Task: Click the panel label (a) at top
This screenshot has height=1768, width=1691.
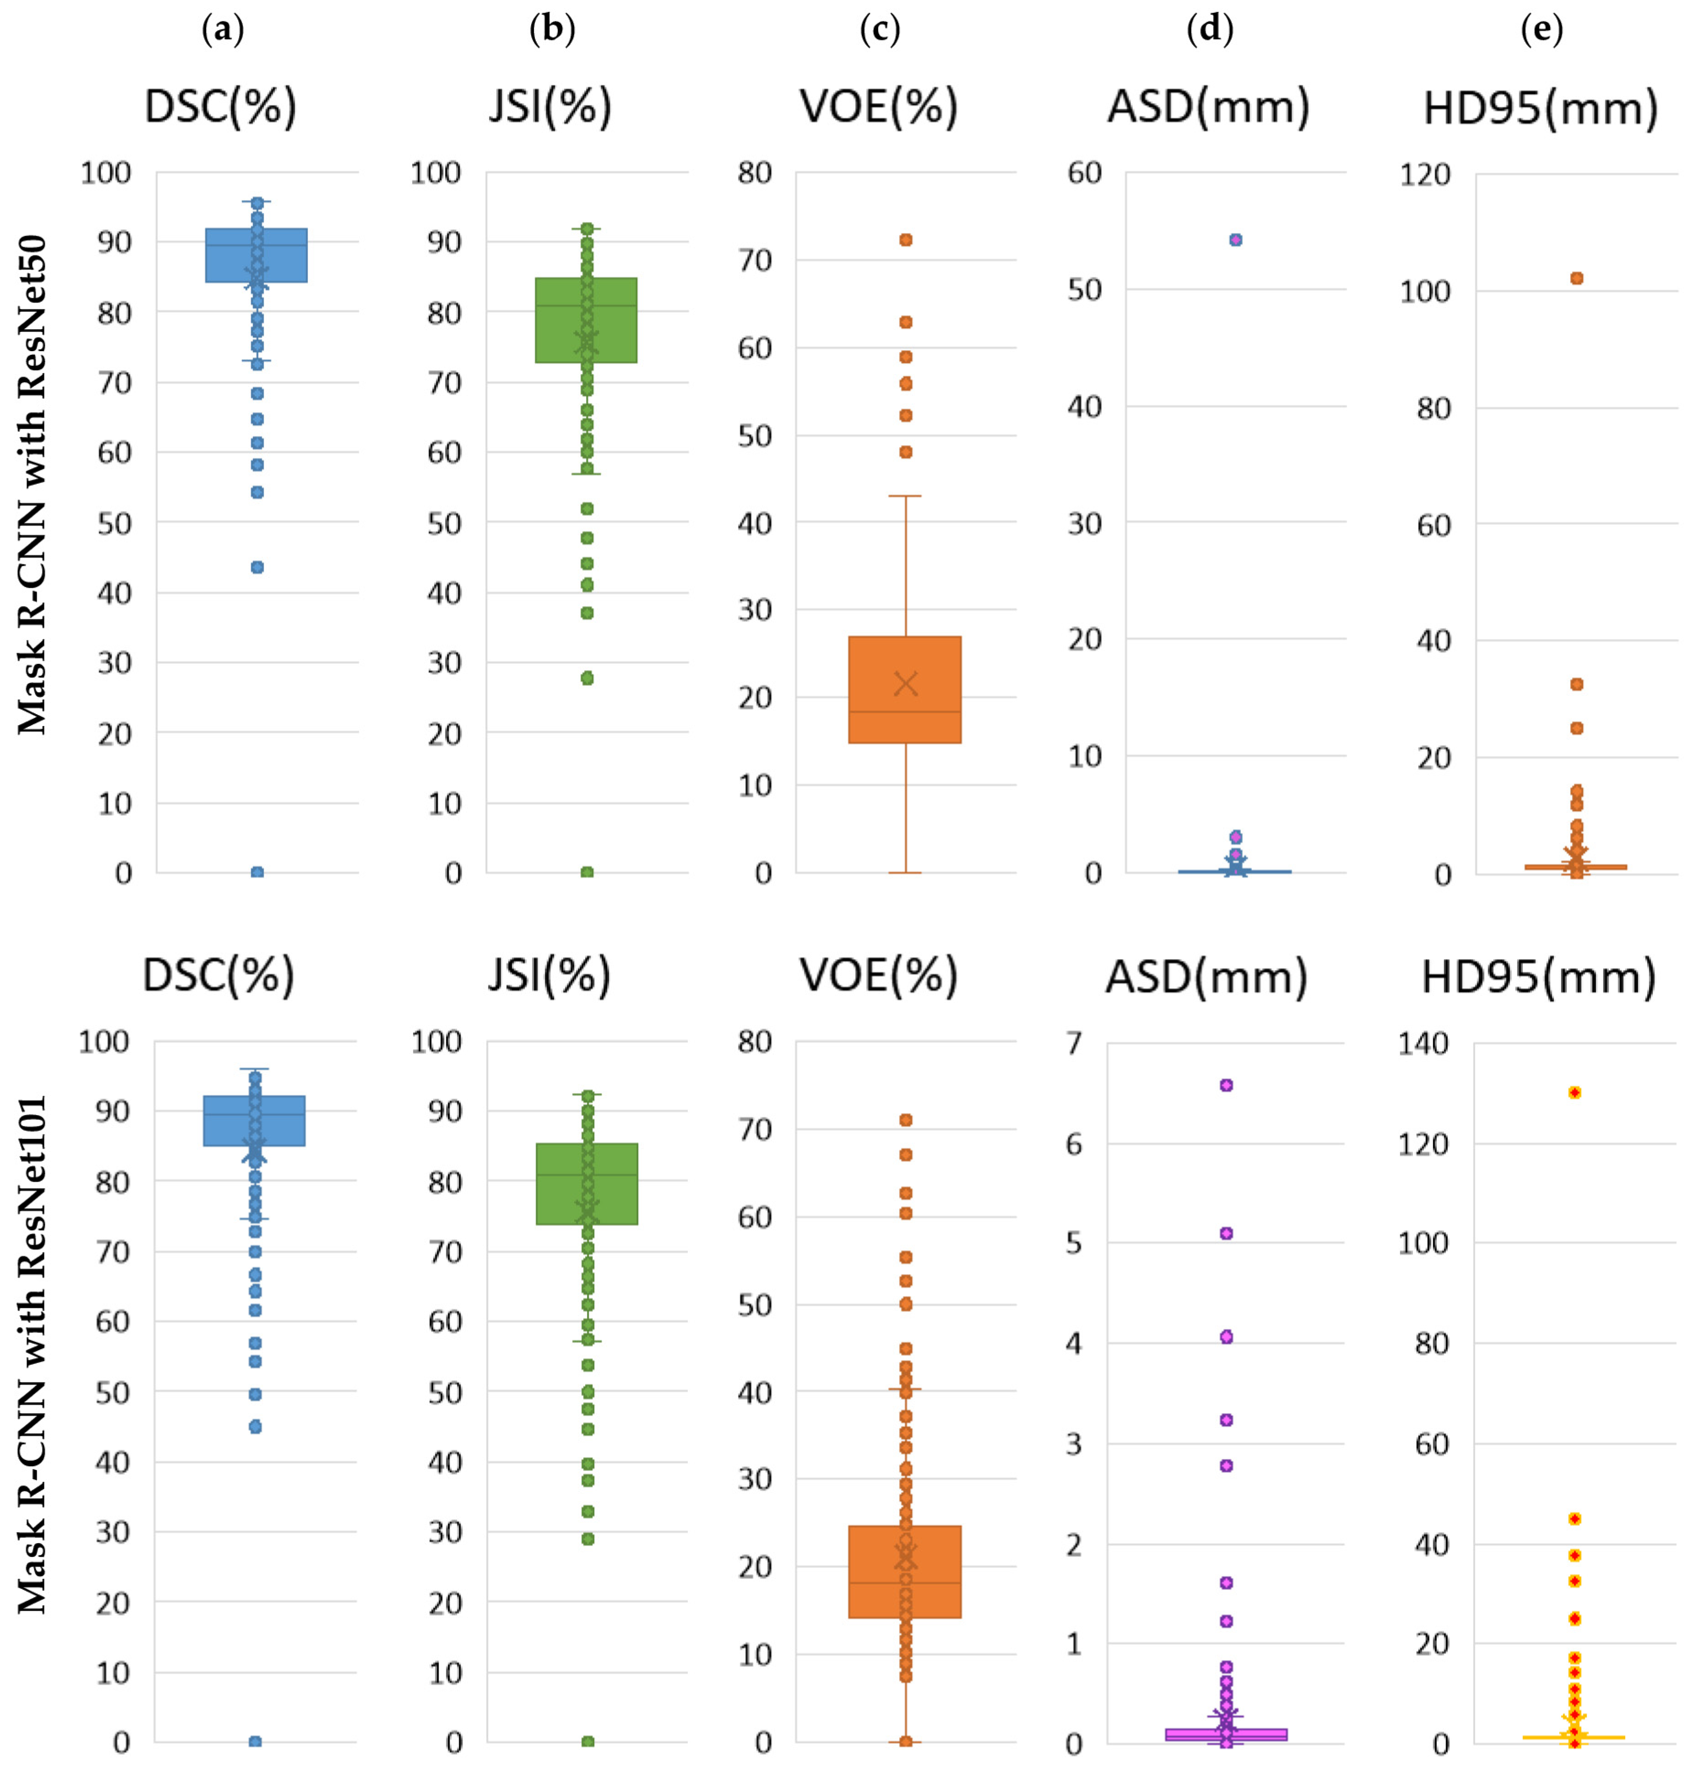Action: click(x=223, y=30)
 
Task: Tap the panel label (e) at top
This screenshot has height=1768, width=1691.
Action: click(x=1541, y=30)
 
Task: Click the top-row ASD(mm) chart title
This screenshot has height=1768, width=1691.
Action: click(x=1208, y=107)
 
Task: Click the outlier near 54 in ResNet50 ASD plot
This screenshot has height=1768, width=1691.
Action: click(x=1236, y=240)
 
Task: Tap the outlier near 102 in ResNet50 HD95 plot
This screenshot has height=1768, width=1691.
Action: click(x=1577, y=278)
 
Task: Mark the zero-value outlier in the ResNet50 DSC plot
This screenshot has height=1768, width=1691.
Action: click(x=257, y=872)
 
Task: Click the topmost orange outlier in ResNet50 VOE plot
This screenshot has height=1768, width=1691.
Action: click(x=906, y=240)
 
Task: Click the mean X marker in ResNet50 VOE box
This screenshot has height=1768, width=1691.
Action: click(x=906, y=684)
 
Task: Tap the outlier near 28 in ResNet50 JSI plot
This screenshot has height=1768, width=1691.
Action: click(x=587, y=678)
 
